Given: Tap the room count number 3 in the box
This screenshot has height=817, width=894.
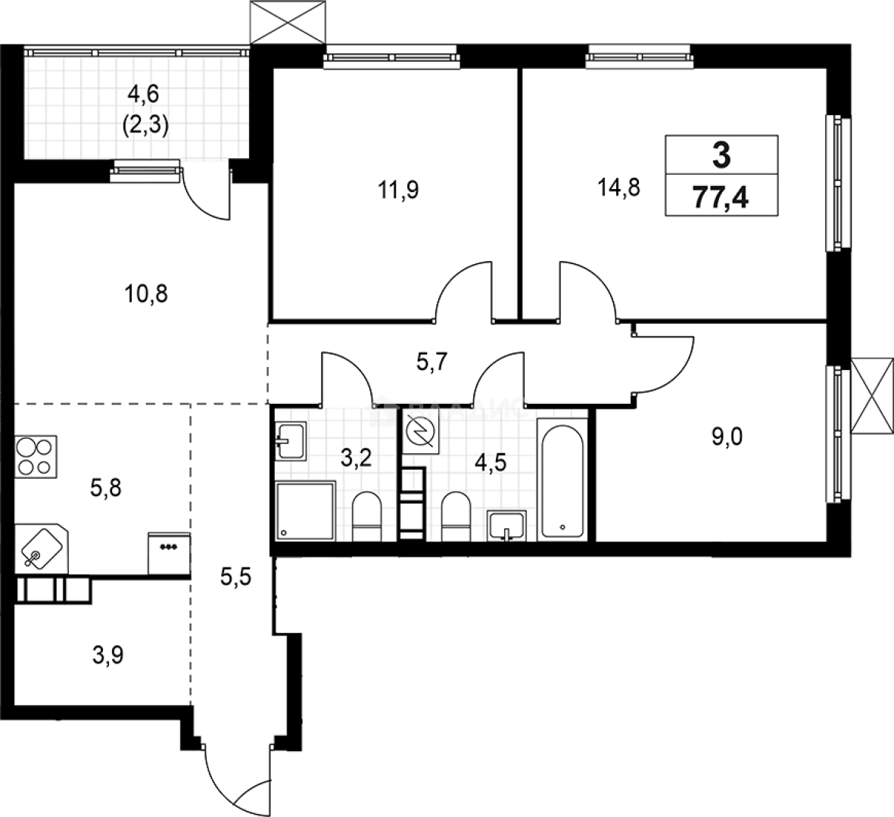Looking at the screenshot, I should click(x=721, y=156).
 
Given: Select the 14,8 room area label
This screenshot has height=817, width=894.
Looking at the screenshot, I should click(x=619, y=188).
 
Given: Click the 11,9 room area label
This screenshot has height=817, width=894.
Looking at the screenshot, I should click(x=398, y=189).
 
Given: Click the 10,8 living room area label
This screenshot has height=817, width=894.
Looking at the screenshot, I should click(x=145, y=293).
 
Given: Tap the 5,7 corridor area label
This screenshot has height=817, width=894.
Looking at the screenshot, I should click(x=434, y=362).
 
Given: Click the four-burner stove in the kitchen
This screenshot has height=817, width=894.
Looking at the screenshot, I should click(x=35, y=457).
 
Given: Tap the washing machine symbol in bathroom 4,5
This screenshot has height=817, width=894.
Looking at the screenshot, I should click(x=419, y=434).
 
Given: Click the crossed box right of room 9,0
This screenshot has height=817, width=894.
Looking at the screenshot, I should click(x=871, y=396).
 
